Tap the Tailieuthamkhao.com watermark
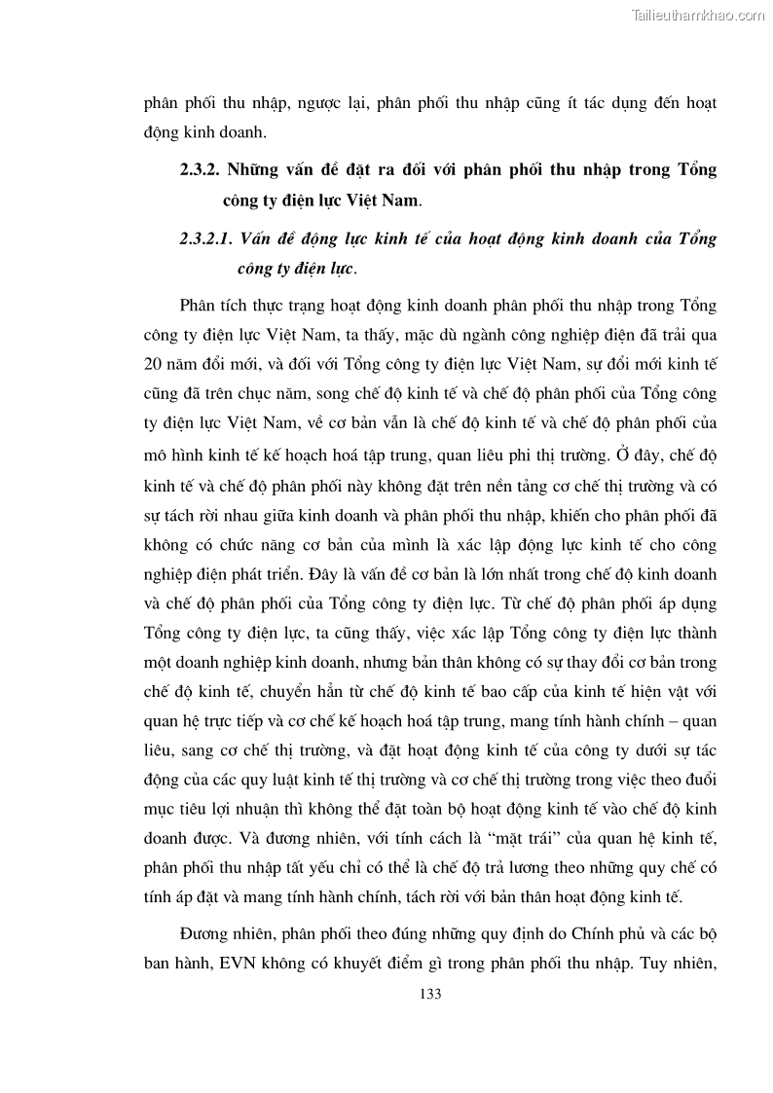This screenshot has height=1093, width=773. click(698, 15)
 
